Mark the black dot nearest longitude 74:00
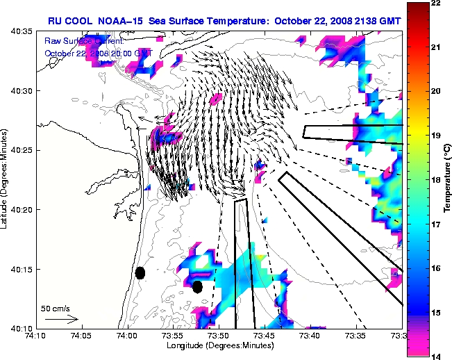pyautogui.click(x=140, y=272)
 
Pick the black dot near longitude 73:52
pyautogui.click(x=197, y=286)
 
